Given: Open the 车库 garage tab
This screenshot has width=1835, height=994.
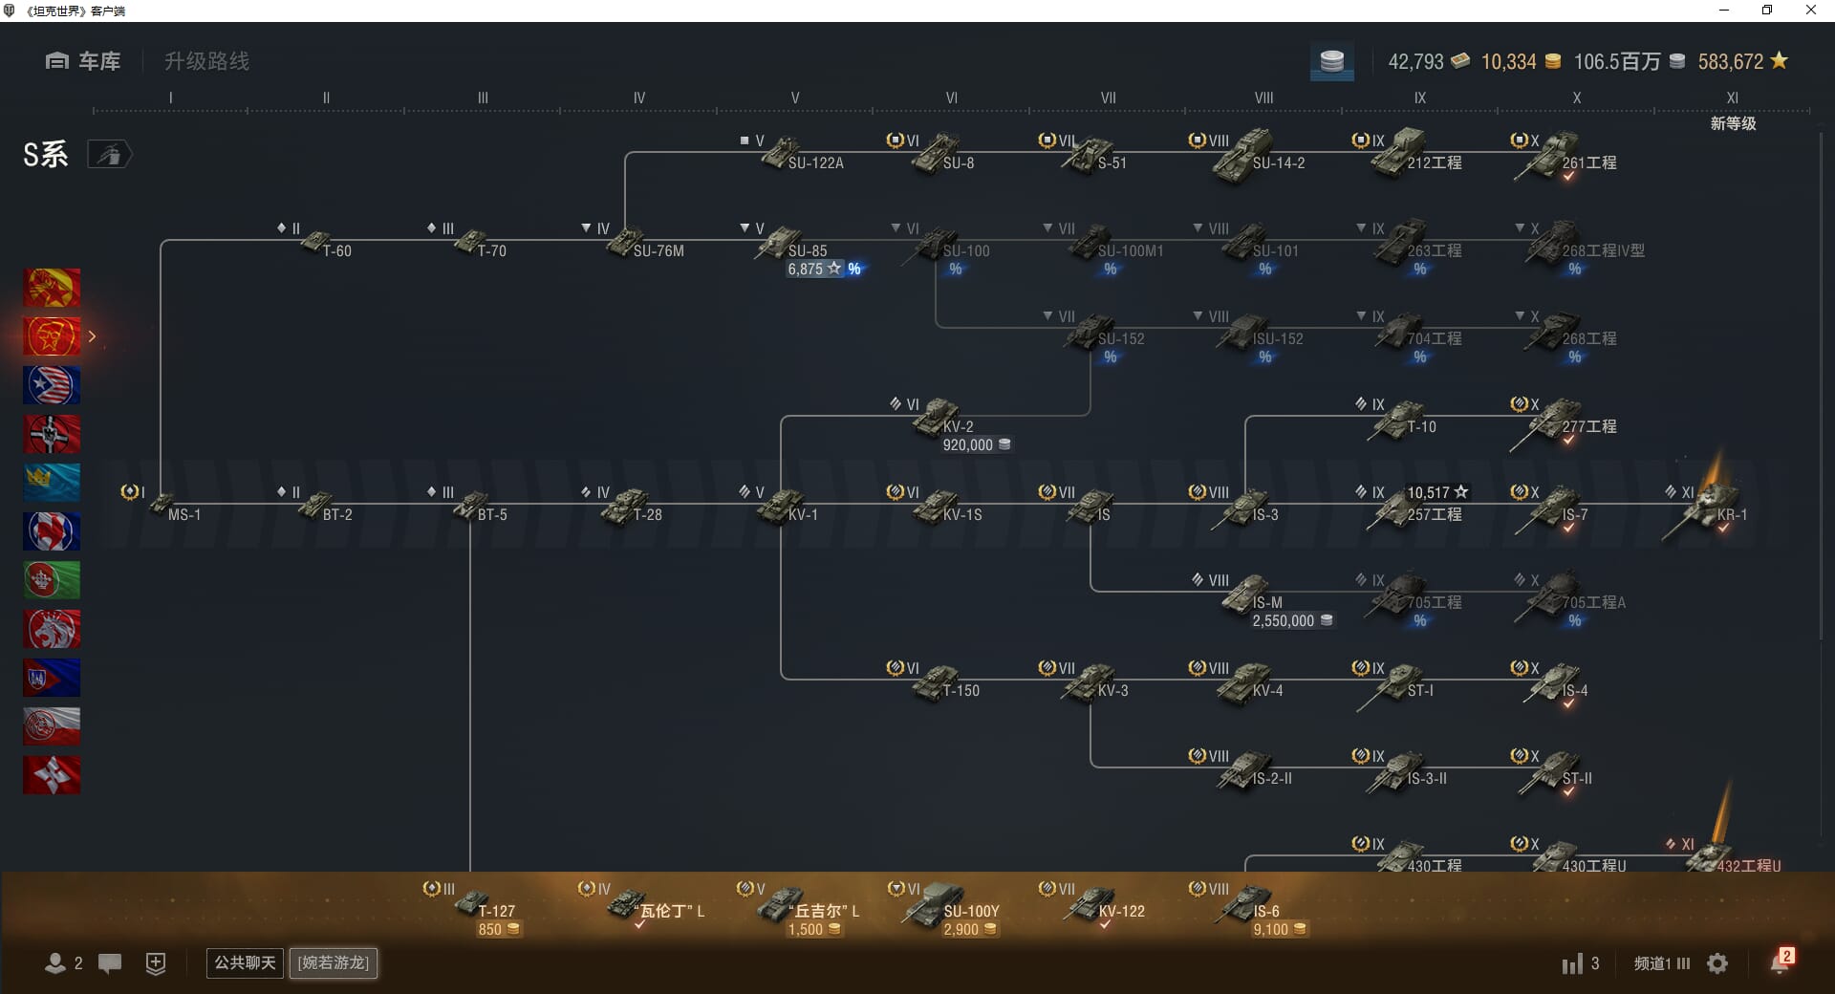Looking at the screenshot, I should click(84, 61).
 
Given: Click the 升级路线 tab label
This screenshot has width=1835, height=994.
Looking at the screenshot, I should click(206, 61).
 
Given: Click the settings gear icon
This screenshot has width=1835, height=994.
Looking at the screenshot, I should click(1717, 963).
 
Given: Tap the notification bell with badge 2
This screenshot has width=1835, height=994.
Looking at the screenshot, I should click(1780, 962).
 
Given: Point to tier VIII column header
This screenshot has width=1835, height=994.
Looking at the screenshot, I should click(1263, 97).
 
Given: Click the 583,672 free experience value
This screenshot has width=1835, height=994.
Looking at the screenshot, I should click(1731, 61).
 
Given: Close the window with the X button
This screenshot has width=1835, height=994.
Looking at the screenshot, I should click(1810, 11).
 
